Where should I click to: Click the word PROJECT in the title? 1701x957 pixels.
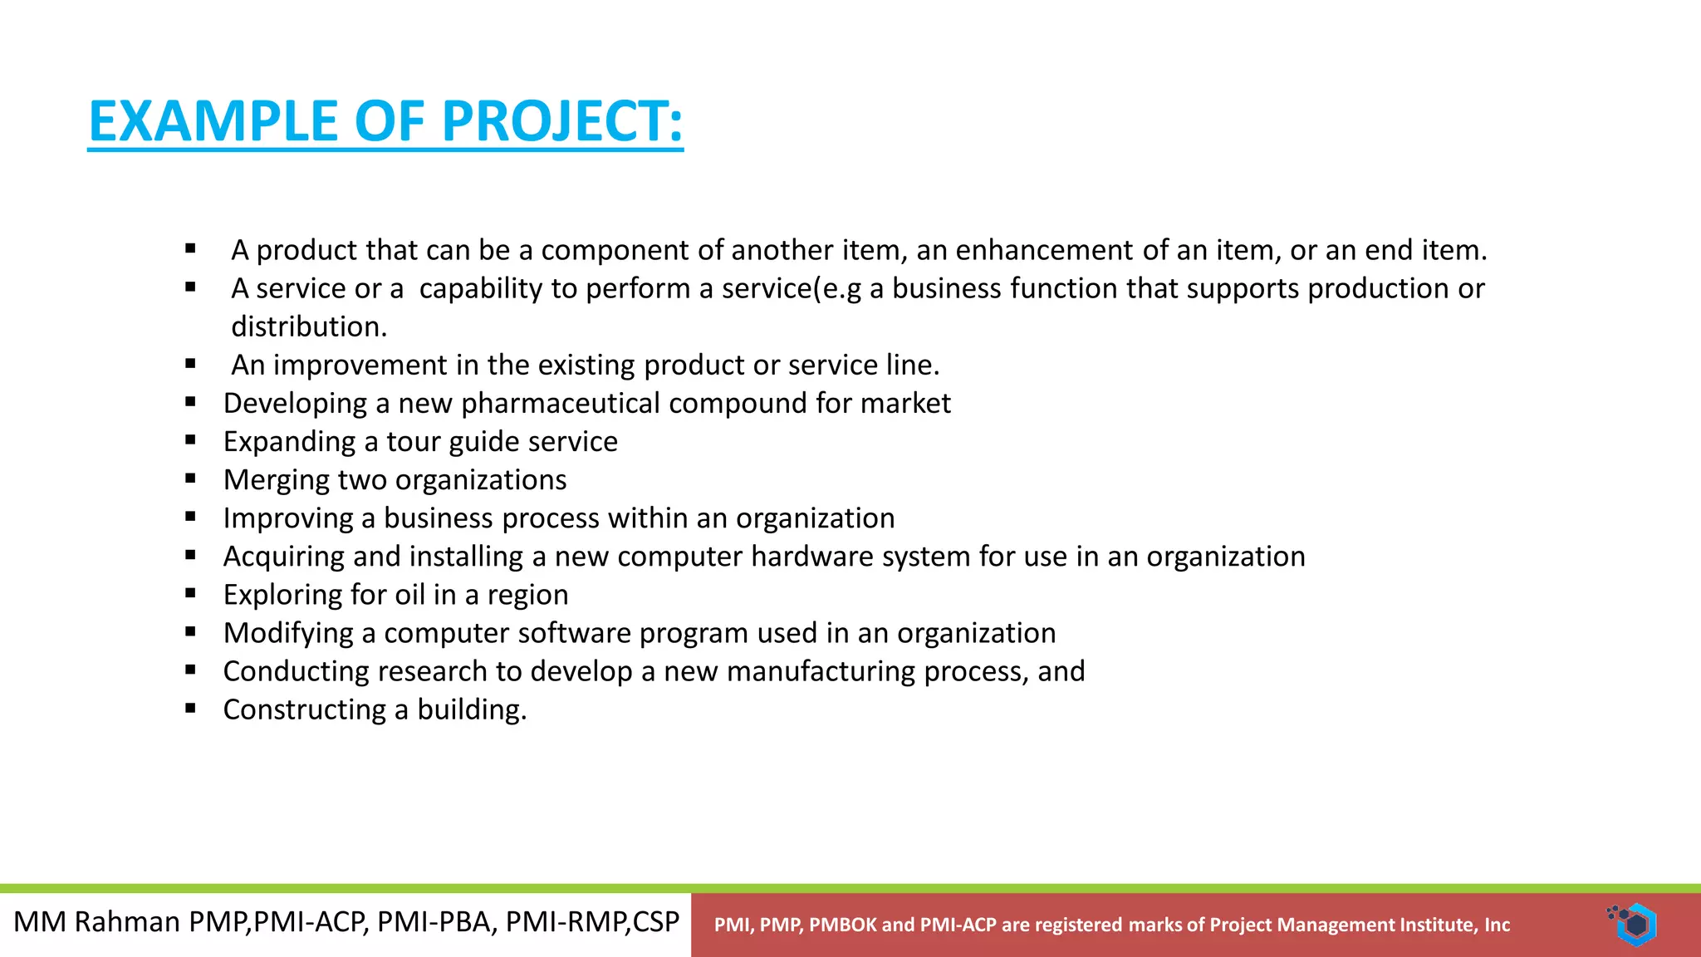click(561, 122)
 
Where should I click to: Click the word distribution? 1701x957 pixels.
click(307, 327)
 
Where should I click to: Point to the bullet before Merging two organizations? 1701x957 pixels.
click(191, 478)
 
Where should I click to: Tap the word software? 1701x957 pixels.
click(574, 633)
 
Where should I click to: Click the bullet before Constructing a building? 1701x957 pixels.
click(191, 709)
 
